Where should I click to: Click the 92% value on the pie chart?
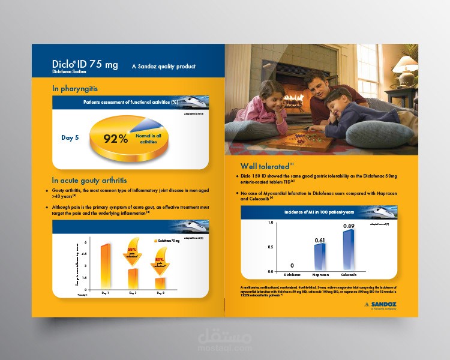coord(116,139)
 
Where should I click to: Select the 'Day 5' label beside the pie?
coord(70,138)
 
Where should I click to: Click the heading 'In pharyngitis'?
coord(75,89)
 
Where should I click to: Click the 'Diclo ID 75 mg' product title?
coord(85,64)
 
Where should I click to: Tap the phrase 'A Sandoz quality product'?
coord(163,67)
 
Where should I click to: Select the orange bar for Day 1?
coord(104,265)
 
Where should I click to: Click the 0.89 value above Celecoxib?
coord(349,226)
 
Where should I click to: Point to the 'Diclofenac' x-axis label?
coord(292,274)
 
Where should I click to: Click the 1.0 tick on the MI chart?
coord(270,223)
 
